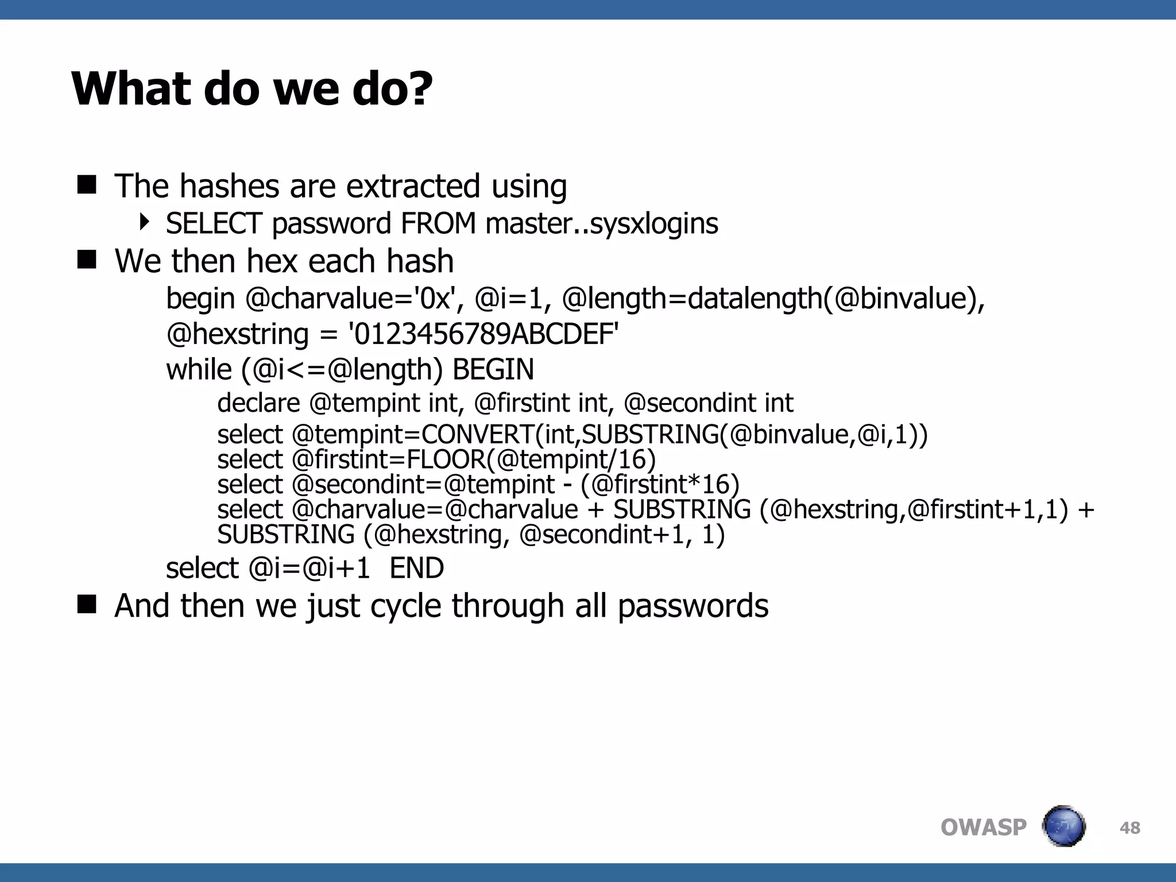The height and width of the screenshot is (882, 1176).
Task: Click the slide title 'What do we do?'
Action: tap(252, 89)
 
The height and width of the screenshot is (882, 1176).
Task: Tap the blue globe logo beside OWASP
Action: tap(1063, 826)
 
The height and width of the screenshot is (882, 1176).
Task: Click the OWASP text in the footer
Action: tap(983, 827)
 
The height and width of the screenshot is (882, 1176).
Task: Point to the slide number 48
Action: tap(1129, 828)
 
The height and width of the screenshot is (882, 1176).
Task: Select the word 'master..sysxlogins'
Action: tap(601, 223)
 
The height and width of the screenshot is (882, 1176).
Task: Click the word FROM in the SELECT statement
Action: tap(438, 223)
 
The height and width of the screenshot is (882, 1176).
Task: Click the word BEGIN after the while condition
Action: tap(493, 369)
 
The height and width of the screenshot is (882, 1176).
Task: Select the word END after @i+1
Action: tap(416, 568)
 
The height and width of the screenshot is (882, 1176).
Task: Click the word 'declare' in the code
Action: tap(258, 403)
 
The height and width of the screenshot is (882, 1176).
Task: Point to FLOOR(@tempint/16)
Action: tap(531, 459)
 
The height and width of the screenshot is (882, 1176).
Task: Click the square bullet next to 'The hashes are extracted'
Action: tap(87, 185)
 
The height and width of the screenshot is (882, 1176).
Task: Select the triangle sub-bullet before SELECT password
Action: tap(145, 222)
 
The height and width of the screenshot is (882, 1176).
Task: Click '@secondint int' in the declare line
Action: tap(708, 403)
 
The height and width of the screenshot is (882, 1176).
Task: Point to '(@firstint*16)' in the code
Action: tap(660, 485)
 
